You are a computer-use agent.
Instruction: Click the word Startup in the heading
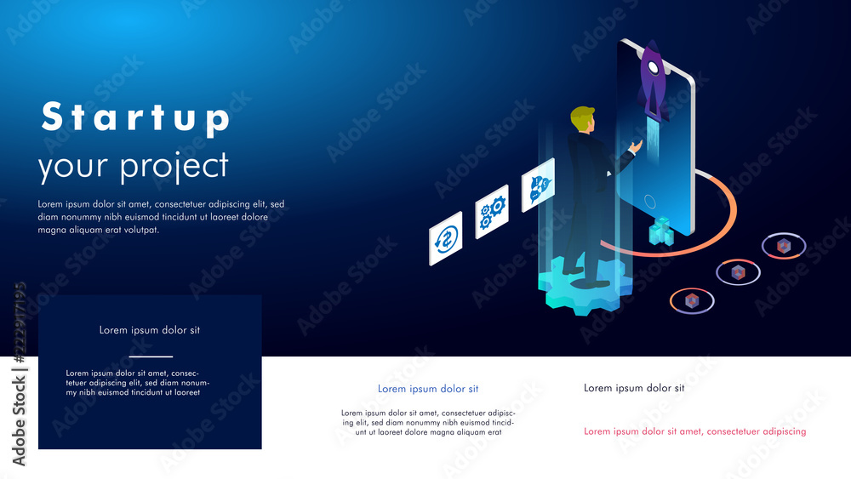tap(136, 117)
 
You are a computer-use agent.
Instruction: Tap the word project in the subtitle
tap(174, 167)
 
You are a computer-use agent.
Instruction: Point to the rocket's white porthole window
tap(654, 68)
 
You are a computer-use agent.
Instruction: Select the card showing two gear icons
tap(492, 212)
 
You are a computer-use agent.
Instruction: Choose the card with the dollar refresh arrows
tap(446, 239)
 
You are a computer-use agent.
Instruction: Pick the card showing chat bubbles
tap(539, 185)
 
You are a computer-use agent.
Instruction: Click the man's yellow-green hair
tap(582, 117)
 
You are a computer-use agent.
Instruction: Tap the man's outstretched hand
tap(636, 146)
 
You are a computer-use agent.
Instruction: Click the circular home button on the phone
tap(649, 202)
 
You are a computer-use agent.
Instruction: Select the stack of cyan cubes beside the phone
tap(661, 231)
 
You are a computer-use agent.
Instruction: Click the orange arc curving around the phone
tap(727, 228)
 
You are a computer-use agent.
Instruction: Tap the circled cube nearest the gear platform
tap(691, 300)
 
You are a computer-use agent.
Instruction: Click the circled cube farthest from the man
tap(784, 246)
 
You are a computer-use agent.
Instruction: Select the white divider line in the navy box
tap(151, 356)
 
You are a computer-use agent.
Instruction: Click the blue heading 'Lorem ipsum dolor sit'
tap(428, 389)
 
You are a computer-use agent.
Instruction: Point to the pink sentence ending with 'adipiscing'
tap(695, 432)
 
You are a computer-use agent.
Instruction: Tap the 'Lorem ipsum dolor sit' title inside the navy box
tap(150, 330)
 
